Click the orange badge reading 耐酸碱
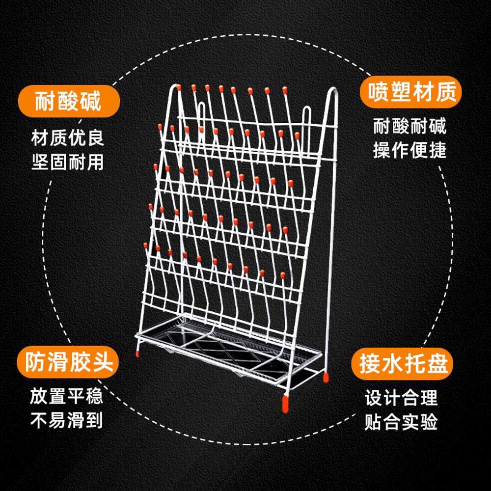69,101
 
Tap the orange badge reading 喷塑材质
410,92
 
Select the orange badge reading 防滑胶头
68,362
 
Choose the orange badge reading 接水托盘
402,363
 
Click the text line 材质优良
67,138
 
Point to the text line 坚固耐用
67,162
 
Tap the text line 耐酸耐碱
409,126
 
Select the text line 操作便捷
409,150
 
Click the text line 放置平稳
66,396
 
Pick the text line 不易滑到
66,420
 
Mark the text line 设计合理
401,398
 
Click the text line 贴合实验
401,422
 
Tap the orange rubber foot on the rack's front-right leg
285,403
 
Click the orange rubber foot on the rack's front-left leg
137,354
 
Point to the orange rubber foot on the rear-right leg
326,377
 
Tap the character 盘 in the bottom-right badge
437,363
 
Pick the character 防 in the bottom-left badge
34,362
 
